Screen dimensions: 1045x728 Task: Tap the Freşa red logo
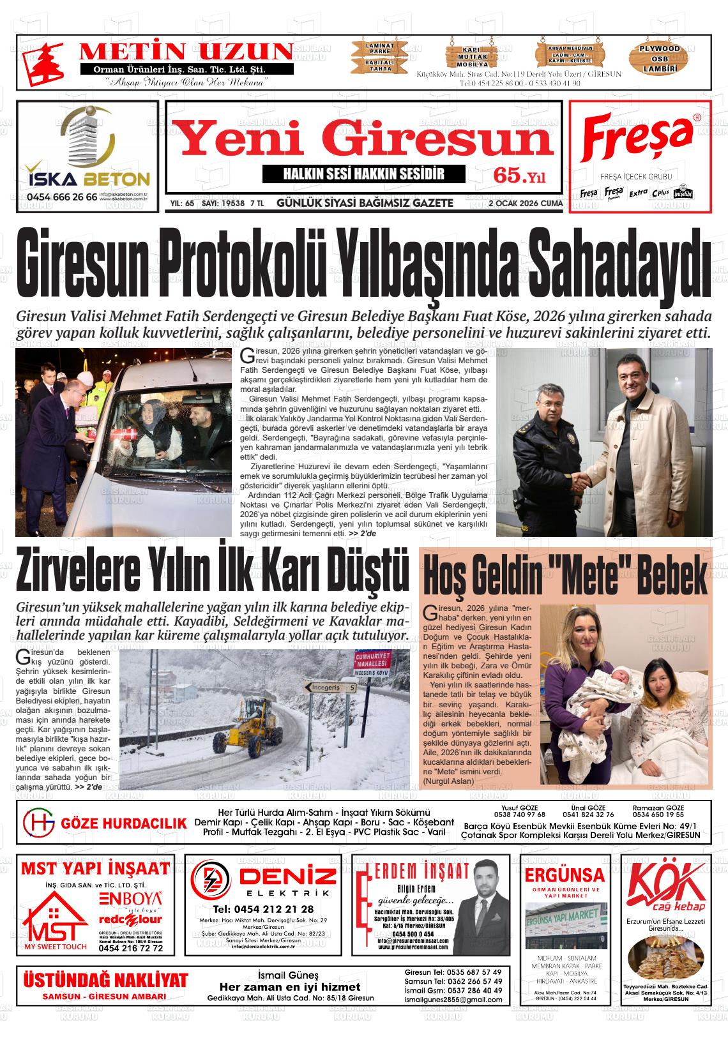[639, 138]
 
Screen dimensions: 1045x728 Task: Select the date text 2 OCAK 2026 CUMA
[525, 204]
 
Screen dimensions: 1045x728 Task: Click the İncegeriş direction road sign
[330, 688]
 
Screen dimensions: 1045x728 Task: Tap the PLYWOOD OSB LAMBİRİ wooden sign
[660, 59]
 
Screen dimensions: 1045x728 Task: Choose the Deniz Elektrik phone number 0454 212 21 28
[264, 909]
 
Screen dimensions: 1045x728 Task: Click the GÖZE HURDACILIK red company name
[123, 823]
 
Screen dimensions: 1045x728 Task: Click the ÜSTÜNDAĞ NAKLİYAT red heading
[105, 980]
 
